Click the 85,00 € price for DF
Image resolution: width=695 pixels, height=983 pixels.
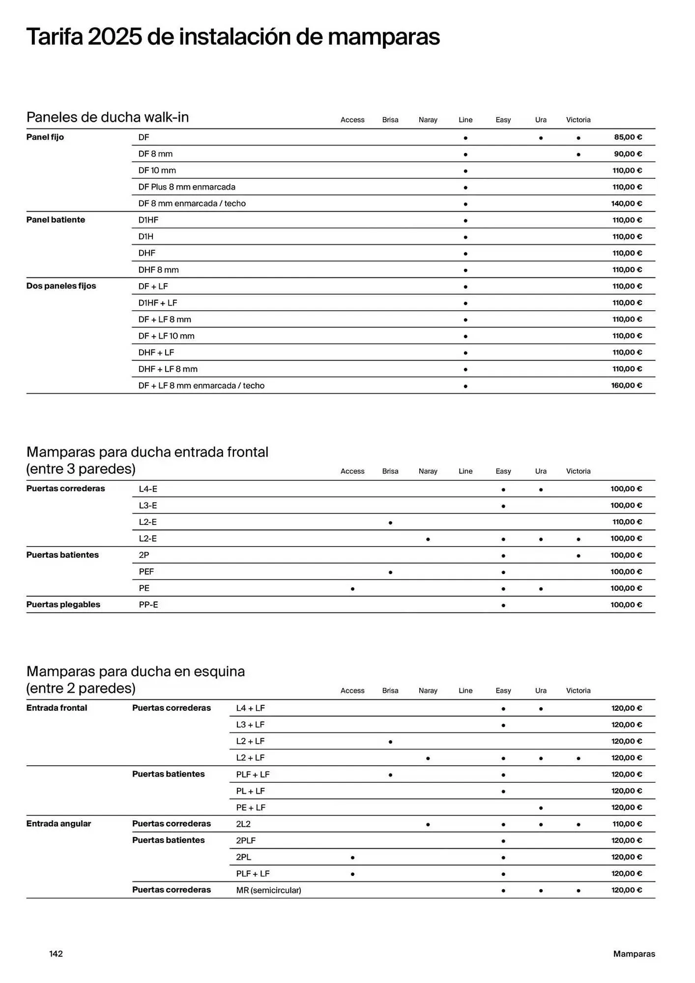tap(628, 137)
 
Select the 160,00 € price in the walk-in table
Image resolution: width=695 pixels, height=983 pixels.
tap(626, 385)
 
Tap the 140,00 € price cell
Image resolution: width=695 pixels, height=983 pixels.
tap(626, 203)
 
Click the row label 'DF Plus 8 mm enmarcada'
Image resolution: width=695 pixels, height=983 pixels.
tap(187, 187)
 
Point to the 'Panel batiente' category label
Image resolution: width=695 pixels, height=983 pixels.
tap(56, 220)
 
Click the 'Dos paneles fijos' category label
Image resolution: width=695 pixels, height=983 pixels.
tap(61, 286)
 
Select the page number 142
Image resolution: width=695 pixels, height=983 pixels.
tap(56, 954)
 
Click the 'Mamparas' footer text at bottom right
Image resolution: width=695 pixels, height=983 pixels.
tap(634, 954)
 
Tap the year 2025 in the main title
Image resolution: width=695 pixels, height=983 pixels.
tap(115, 37)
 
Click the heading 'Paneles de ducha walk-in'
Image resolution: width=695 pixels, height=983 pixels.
tap(107, 117)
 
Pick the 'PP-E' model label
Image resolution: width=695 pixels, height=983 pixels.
tap(148, 605)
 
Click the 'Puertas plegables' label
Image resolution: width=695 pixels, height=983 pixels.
tap(63, 605)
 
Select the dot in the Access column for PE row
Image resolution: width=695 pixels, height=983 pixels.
tap(352, 589)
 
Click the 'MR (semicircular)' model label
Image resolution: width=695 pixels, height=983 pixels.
tap(268, 890)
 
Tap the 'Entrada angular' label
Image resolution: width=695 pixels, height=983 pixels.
tap(58, 824)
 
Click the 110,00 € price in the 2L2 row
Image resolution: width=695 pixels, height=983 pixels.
tap(627, 824)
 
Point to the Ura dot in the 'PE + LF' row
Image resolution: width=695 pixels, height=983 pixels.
tap(541, 808)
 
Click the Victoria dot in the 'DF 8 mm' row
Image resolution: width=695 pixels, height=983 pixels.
tap(579, 155)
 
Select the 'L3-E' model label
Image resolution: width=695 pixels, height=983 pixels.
tap(148, 505)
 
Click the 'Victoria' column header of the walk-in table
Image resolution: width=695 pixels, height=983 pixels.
tap(578, 120)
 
